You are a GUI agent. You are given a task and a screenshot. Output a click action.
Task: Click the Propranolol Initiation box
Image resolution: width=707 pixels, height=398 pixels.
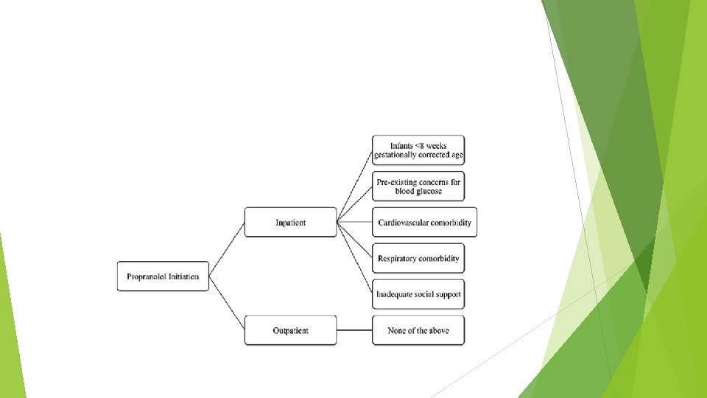click(x=163, y=276)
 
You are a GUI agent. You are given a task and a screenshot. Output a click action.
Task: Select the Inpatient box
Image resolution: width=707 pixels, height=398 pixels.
click(x=290, y=222)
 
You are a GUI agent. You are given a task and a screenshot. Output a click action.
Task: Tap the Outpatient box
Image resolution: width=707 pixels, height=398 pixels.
click(x=290, y=330)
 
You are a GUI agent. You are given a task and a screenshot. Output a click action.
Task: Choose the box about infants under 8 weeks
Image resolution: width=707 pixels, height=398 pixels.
click(x=418, y=150)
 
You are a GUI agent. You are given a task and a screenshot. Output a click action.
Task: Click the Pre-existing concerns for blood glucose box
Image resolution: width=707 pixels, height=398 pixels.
click(x=418, y=186)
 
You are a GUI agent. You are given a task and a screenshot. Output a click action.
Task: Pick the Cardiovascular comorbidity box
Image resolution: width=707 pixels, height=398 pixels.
click(x=425, y=222)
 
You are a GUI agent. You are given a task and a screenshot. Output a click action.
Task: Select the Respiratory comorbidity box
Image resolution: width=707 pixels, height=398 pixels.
click(x=418, y=258)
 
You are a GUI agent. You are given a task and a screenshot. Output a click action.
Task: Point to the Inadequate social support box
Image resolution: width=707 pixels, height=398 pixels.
click(x=418, y=294)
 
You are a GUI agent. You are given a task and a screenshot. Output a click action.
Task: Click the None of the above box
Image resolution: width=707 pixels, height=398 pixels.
click(x=418, y=330)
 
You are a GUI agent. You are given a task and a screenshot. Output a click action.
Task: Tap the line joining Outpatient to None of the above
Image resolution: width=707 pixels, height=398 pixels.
click(x=354, y=330)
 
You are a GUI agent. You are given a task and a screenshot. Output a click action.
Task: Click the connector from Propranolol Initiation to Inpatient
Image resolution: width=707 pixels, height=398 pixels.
click(x=227, y=249)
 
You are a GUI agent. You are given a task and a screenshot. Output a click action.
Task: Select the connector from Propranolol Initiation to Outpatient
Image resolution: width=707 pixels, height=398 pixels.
click(x=227, y=303)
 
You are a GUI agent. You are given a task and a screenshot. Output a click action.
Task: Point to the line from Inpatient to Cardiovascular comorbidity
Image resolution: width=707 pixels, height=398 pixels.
click(x=354, y=222)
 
